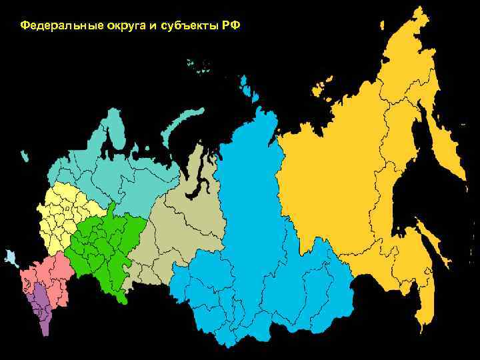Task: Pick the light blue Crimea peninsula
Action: (x=11, y=257)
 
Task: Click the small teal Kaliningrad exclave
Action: (x=25, y=156)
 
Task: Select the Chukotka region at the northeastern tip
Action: (x=427, y=53)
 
